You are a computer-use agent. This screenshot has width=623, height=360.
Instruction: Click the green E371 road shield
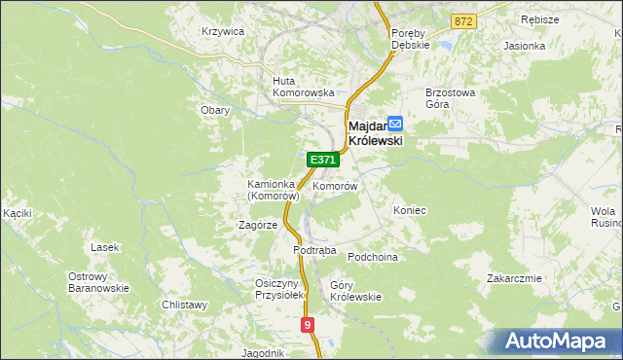point(323,159)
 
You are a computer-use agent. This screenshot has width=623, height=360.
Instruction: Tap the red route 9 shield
point(309,325)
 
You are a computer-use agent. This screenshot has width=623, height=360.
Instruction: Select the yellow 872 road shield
point(463,20)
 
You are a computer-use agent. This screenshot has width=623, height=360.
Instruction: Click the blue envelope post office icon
point(395,124)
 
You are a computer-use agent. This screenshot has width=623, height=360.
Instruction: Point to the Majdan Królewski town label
point(374,132)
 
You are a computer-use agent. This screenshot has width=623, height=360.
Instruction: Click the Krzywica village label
point(222,31)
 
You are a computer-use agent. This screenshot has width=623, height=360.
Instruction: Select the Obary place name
point(215,110)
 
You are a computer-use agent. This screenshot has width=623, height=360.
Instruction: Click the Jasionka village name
point(525,46)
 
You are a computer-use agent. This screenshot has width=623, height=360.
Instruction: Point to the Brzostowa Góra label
point(450,98)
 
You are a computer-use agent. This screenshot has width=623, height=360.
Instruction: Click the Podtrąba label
point(314,250)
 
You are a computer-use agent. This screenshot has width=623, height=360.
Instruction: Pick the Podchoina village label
point(374,257)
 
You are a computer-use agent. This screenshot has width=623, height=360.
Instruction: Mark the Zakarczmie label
point(514,277)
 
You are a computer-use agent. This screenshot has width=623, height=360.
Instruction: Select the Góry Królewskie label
point(355,291)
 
